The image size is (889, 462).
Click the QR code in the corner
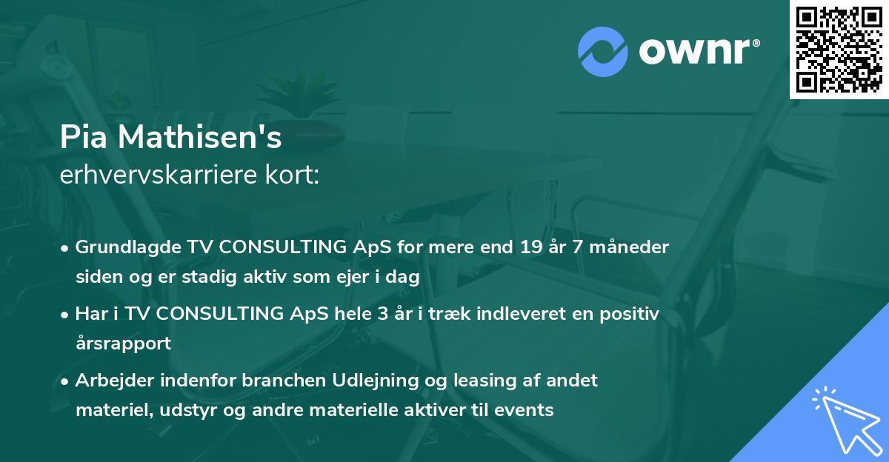(x=839, y=49)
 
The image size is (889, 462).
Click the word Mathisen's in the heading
(x=194, y=138)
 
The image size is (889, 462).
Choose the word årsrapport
(x=123, y=344)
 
